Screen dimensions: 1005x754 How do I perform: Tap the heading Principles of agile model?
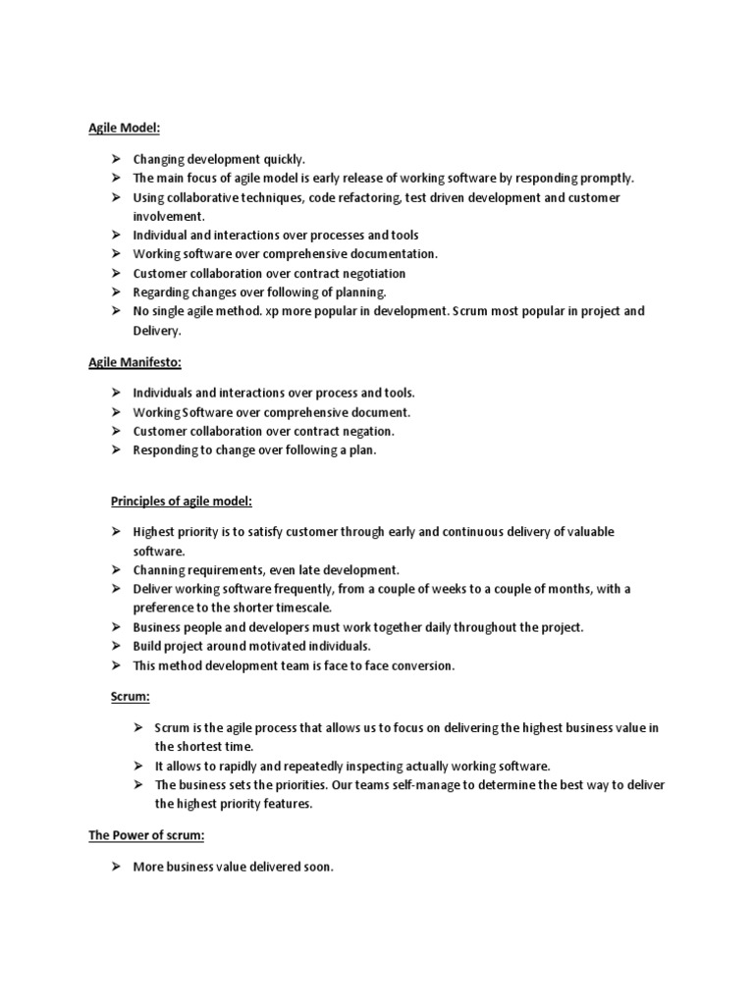[x=181, y=502]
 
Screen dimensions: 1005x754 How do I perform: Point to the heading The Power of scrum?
[x=147, y=837]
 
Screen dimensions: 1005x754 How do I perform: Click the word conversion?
[x=420, y=664]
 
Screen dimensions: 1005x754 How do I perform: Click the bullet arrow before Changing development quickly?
[x=115, y=159]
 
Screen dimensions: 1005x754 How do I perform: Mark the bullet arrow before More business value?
[x=115, y=868]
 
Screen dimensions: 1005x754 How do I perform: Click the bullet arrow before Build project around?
[x=115, y=646]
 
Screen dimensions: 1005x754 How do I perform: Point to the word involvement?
[x=169, y=216]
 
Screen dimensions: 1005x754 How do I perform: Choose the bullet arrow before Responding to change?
[x=115, y=450]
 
